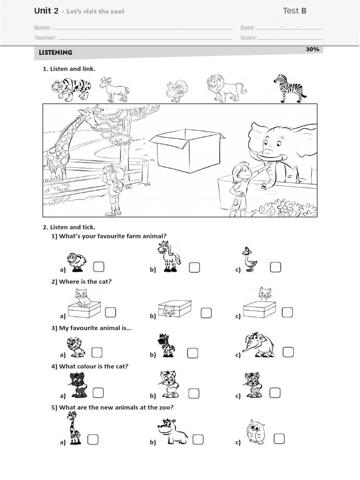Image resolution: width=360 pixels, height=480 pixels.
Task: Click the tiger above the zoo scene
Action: [71, 89]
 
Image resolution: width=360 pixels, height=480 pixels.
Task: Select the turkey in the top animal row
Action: [176, 91]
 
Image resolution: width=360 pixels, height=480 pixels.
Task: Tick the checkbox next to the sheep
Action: [98, 267]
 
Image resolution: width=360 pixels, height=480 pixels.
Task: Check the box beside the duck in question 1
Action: [275, 267]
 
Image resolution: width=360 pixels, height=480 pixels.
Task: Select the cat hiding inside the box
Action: [168, 309]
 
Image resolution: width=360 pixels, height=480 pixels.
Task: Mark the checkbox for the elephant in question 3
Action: [288, 352]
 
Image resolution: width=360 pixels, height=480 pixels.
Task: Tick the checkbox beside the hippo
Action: [198, 439]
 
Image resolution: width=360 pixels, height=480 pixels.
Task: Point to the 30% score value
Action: [312, 49]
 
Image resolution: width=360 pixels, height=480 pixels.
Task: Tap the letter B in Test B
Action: [304, 11]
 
